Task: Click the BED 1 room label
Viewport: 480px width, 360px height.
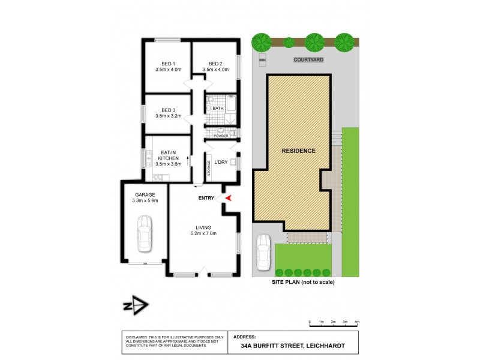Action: click(x=167, y=64)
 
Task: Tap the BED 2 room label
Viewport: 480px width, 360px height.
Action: click(x=215, y=64)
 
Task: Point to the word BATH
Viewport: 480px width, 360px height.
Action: click(x=226, y=109)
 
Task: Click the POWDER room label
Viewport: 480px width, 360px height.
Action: click(x=221, y=136)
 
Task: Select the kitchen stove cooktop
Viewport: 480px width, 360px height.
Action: click(x=158, y=178)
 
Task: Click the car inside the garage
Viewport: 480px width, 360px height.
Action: click(x=144, y=235)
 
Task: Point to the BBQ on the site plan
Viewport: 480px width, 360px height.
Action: click(x=262, y=61)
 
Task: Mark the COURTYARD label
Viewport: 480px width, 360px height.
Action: click(x=308, y=61)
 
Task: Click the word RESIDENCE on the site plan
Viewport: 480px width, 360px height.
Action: click(x=298, y=151)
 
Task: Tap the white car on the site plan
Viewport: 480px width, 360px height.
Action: click(x=263, y=252)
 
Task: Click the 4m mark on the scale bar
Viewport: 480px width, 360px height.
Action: click(x=357, y=322)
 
